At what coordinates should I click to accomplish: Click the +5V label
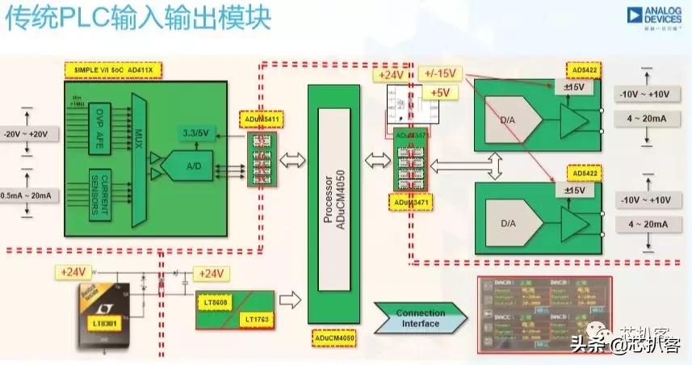pos(440,92)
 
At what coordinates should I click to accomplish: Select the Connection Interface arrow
pos(420,318)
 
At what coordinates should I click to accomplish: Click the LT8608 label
pos(214,302)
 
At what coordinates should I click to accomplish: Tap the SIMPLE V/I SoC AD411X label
pos(113,71)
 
